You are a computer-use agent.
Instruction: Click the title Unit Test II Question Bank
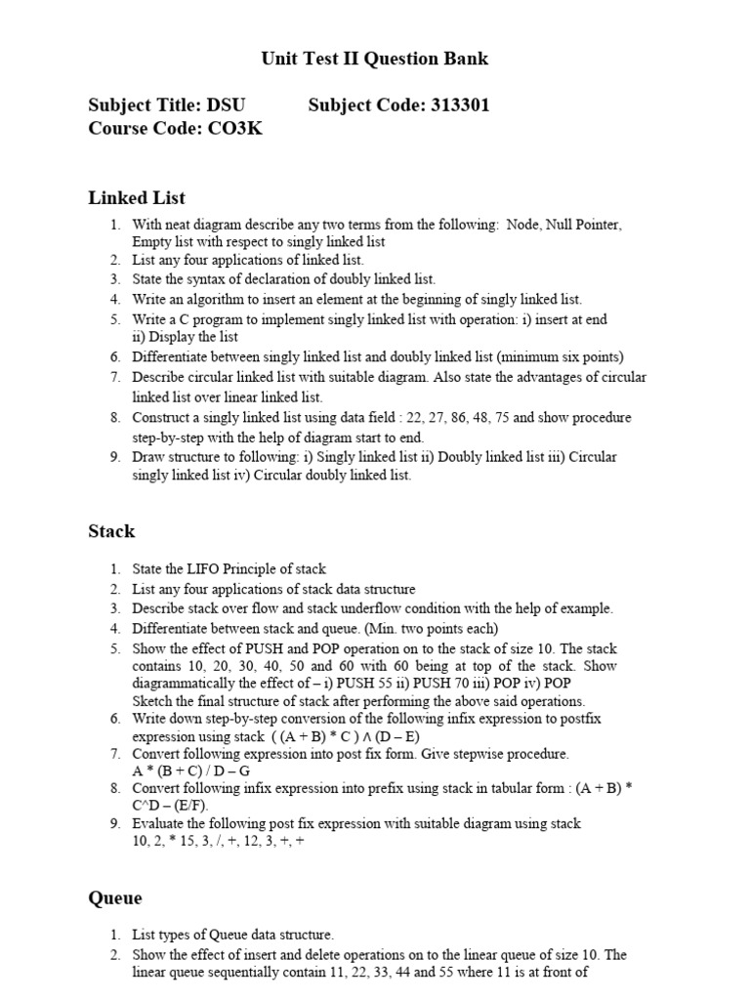click(375, 59)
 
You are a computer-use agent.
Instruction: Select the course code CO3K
click(233, 128)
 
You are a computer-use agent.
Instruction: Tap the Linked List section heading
click(137, 197)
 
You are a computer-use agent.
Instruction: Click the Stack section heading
click(111, 531)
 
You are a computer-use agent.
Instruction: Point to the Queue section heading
click(115, 897)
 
